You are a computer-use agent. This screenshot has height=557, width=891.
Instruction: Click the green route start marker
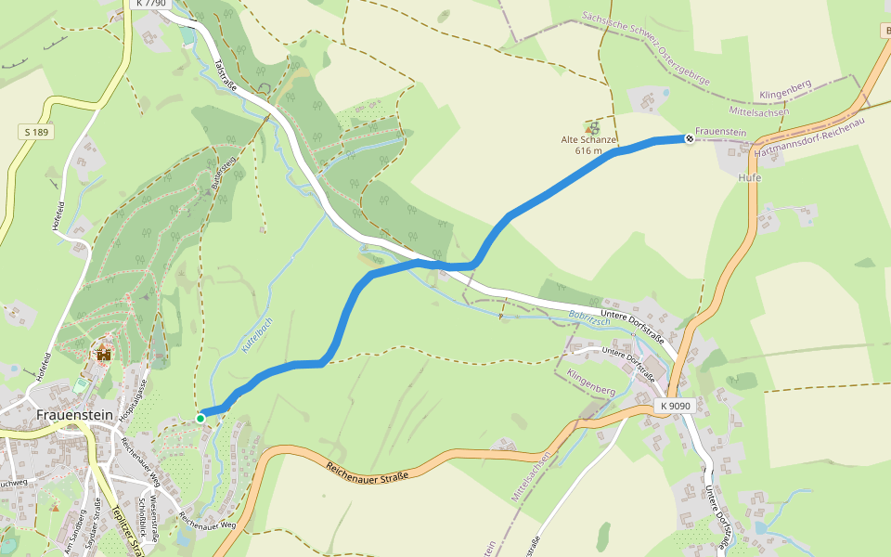(x=200, y=419)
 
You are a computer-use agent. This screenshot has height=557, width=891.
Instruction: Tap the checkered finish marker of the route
(x=690, y=139)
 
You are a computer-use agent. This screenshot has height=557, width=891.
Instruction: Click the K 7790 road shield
(x=151, y=5)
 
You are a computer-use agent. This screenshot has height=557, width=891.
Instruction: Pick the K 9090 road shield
(x=677, y=407)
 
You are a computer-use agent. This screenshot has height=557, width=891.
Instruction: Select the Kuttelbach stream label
(x=257, y=333)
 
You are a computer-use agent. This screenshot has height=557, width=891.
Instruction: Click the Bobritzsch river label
(x=589, y=317)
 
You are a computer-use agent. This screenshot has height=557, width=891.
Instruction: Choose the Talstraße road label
(x=226, y=77)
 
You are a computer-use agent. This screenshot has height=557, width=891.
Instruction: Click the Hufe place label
(x=749, y=176)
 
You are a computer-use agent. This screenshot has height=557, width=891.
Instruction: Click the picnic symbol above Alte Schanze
(x=591, y=126)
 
